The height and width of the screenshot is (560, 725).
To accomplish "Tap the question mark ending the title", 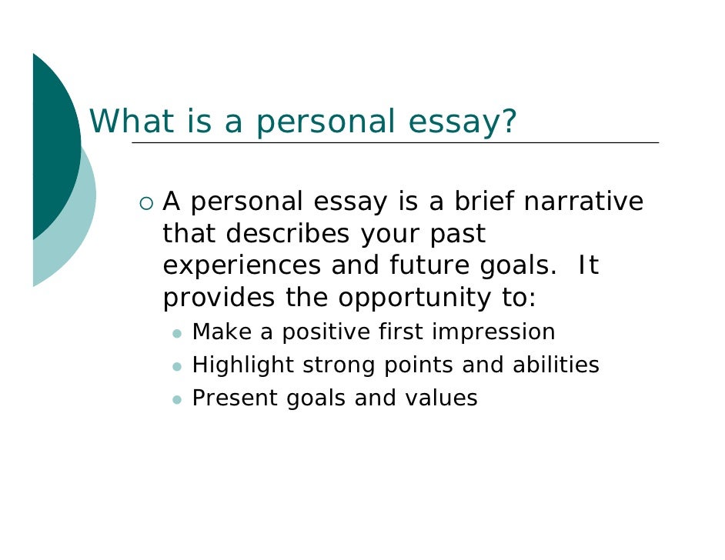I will click(508, 122).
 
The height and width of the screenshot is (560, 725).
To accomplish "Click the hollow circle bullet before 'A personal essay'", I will click(146, 203).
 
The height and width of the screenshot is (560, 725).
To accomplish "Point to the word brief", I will click(483, 202).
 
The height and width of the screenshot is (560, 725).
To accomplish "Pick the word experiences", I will click(242, 266).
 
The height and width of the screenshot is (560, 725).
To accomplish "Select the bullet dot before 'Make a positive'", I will click(177, 334).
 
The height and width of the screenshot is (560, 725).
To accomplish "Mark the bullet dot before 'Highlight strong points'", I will click(177, 367).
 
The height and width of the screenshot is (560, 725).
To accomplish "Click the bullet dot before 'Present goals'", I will click(177, 400).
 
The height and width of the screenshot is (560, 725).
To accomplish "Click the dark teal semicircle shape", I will click(54, 146).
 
